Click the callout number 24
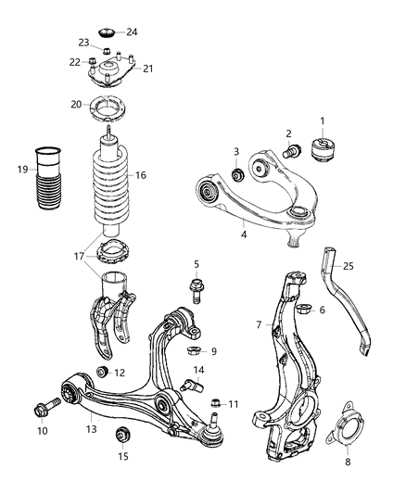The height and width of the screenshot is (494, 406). click(x=132, y=32)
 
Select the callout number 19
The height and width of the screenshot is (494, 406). click(x=23, y=170)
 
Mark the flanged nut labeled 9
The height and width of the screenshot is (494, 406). click(x=195, y=351)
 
